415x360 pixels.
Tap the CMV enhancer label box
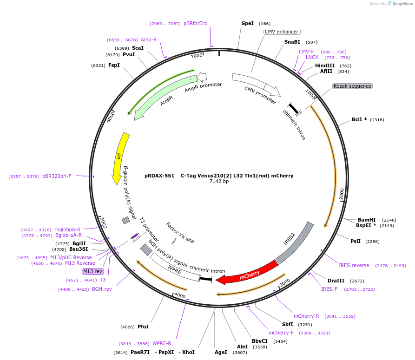[282, 32]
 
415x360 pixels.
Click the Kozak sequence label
[352, 86]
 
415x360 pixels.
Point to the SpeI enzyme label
[248, 23]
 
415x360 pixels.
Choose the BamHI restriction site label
[367, 220]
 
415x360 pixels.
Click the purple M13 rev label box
[92, 271]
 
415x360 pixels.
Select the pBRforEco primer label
[195, 23]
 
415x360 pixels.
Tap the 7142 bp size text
[219, 182]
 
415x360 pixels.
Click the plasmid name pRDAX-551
[159, 176]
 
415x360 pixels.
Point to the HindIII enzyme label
[325, 65]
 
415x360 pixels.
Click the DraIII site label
[336, 281]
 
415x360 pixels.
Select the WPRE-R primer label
[162, 343]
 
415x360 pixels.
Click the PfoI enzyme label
[143, 327]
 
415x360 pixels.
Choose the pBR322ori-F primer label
[57, 176]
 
